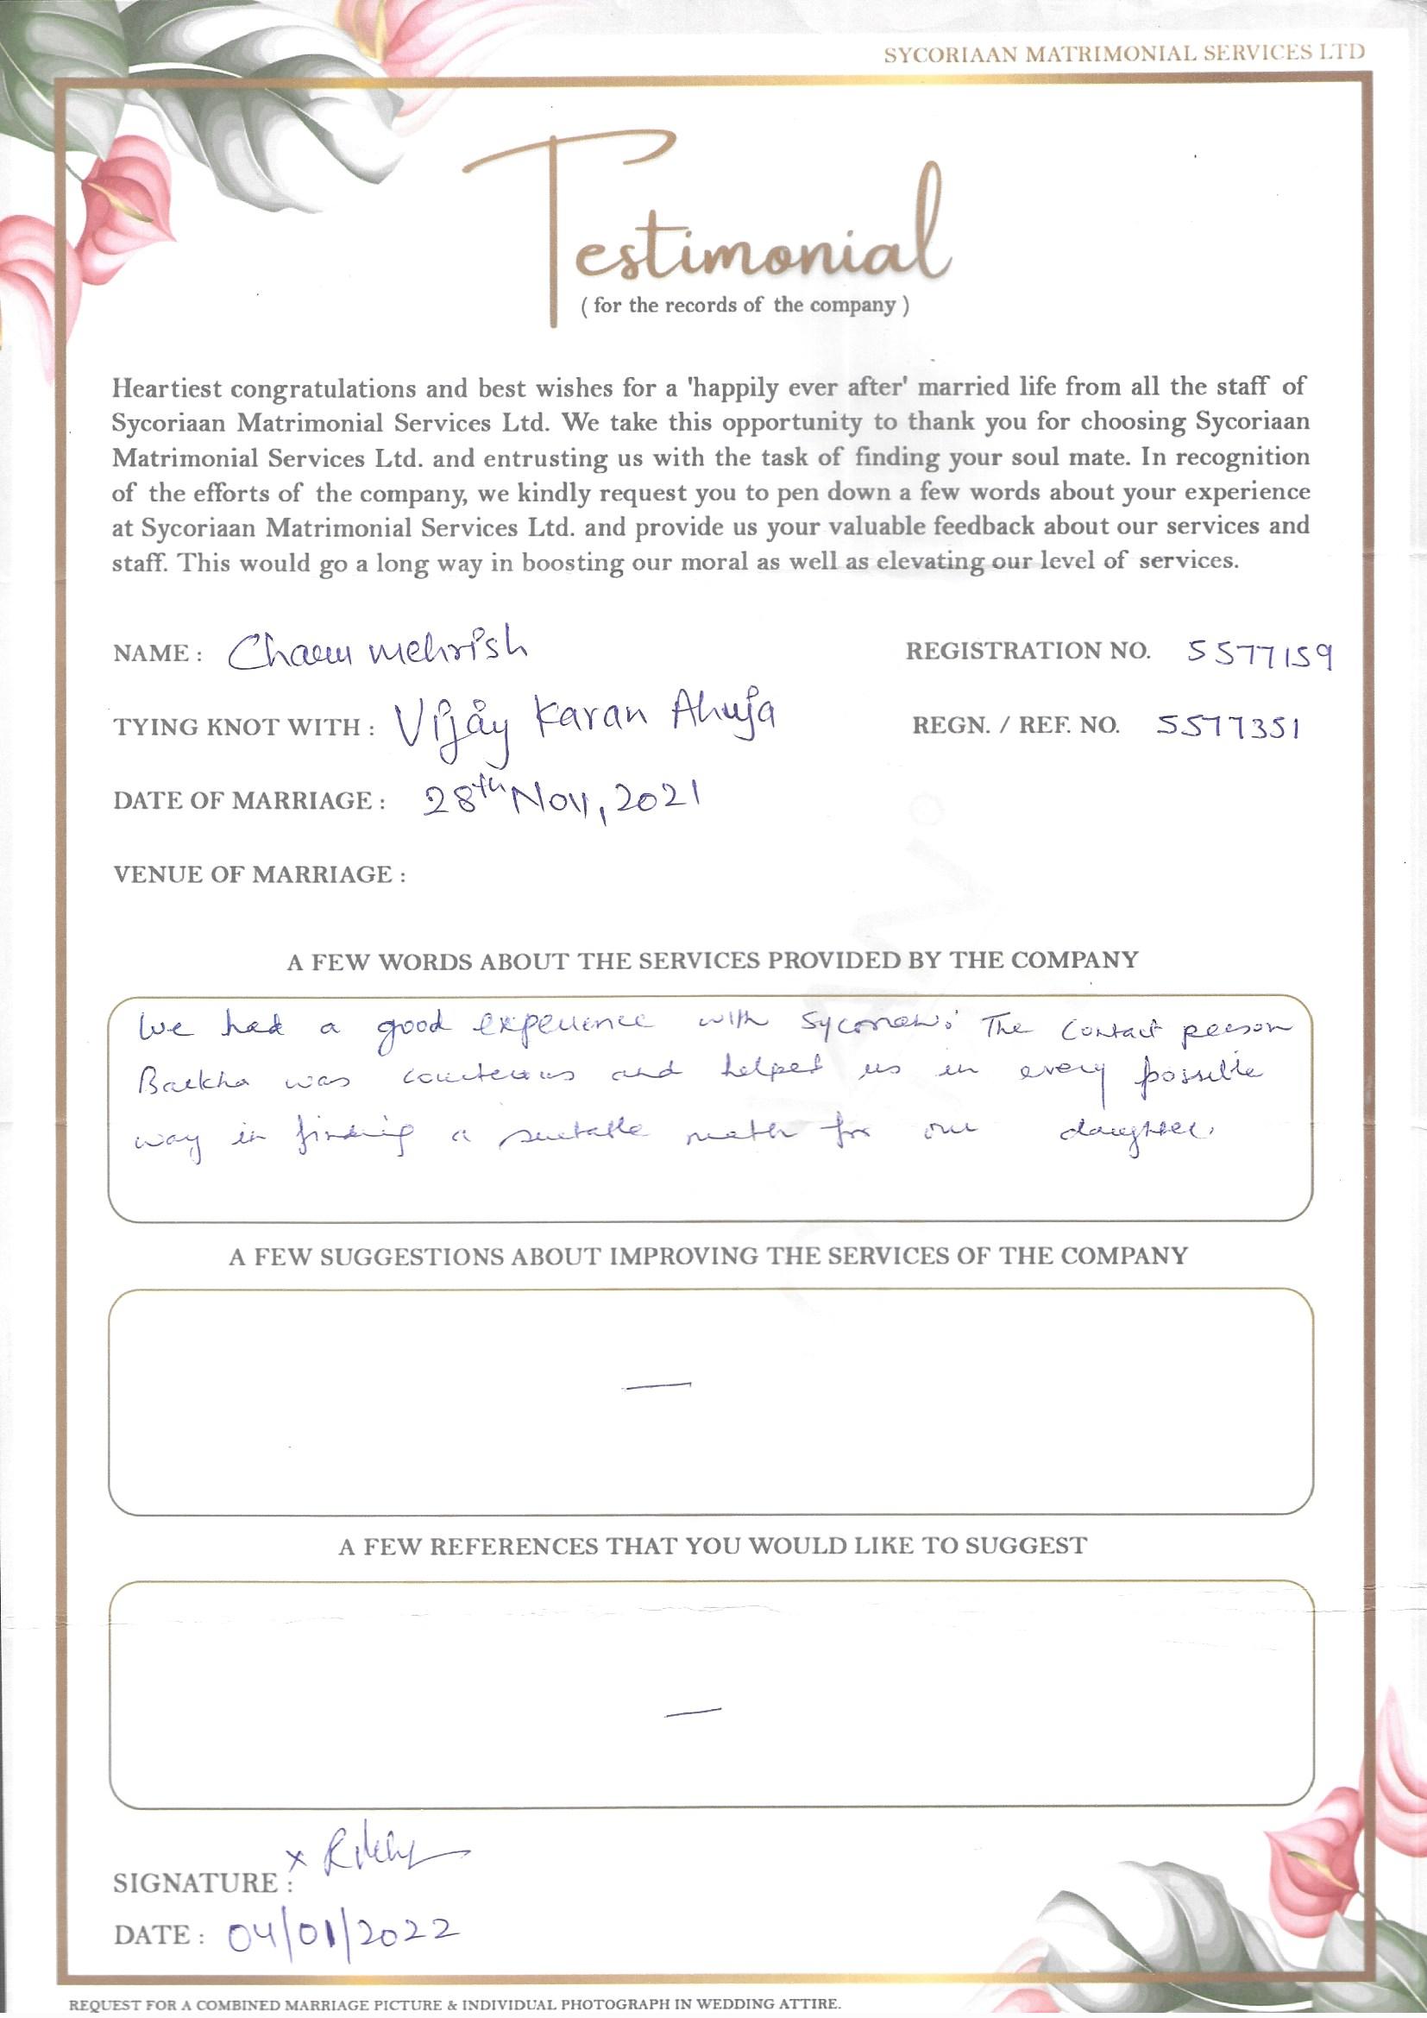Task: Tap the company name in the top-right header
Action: tap(1124, 54)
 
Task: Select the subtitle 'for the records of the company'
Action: tap(745, 306)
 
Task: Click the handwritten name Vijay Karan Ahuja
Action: tap(584, 726)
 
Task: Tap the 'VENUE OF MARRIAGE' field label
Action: tap(259, 874)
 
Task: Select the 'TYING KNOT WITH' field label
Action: tap(244, 728)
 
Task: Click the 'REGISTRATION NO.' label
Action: tap(1028, 652)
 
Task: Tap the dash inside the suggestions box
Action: tap(657, 1386)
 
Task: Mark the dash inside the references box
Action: tap(694, 1711)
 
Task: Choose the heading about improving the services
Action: tap(708, 1256)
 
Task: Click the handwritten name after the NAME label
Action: tap(378, 652)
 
